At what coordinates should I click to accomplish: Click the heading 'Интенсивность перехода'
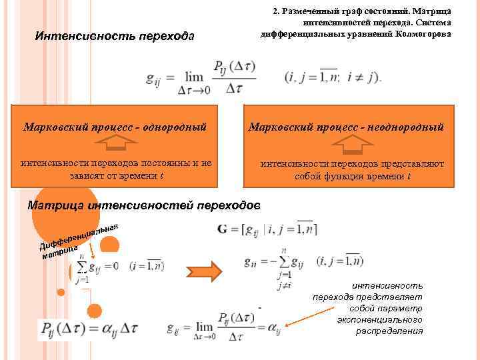pos(114,35)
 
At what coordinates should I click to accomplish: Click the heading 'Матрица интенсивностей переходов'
pos(144,205)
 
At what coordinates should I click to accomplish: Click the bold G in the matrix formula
pos(223,229)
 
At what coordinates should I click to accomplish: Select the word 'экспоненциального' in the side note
pos(379,320)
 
